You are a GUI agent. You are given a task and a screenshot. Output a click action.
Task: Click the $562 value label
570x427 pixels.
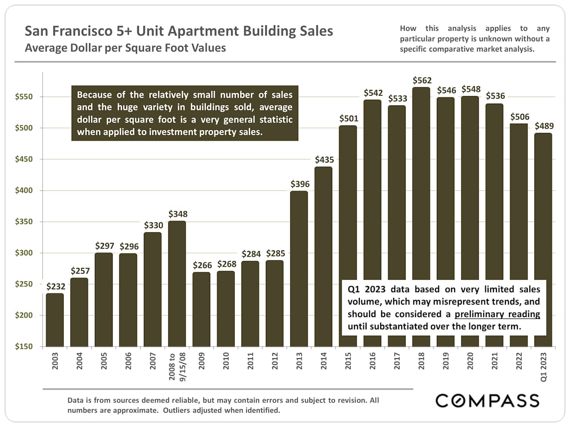pos(422,81)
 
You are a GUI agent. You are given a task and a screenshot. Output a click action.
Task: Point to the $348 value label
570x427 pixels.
pos(178,214)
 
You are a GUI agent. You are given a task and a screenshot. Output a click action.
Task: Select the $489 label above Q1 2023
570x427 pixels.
pos(544,126)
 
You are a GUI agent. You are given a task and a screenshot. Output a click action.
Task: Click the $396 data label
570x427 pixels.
pos(300,184)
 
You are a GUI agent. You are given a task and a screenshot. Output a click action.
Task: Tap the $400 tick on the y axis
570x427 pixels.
pos(24,190)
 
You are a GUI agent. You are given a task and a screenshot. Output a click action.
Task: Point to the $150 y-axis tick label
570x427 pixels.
pos(24,346)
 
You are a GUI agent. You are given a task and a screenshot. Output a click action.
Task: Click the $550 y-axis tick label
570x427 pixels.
pos(24,97)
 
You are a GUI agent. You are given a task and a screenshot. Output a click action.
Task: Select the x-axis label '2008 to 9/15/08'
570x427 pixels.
pos(177,366)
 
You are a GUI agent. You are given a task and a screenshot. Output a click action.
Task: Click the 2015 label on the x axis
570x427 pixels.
pos(348,361)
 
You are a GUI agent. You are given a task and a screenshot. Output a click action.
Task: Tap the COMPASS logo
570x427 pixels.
pos(487,400)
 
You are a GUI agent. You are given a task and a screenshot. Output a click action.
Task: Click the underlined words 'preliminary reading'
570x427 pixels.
pos(497,314)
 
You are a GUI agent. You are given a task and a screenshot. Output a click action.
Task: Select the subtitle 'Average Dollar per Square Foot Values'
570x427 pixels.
pos(125,48)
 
